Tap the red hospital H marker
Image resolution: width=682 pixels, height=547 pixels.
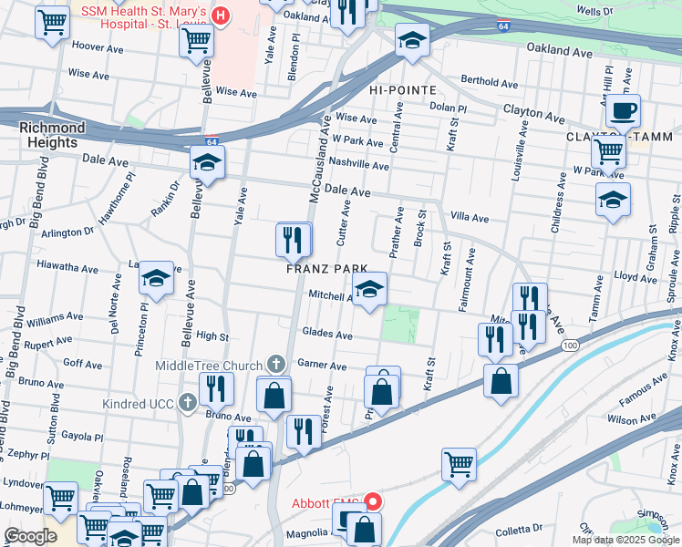pos(220,15)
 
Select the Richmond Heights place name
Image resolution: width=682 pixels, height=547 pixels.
pos(52,135)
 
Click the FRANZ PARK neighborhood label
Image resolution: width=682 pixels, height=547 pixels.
pos(326,269)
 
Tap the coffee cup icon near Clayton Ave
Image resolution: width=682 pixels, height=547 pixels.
pos(623,111)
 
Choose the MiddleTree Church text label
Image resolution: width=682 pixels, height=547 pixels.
pos(209,366)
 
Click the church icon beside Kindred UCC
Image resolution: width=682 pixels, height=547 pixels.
pos(187,401)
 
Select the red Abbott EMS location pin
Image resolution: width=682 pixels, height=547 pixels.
pos(373,501)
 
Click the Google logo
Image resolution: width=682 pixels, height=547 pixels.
pos(31,536)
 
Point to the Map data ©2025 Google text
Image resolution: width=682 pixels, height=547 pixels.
pos(626,540)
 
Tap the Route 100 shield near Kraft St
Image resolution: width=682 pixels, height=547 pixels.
pos(569,346)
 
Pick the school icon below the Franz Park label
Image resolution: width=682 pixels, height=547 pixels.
pos(368,290)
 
